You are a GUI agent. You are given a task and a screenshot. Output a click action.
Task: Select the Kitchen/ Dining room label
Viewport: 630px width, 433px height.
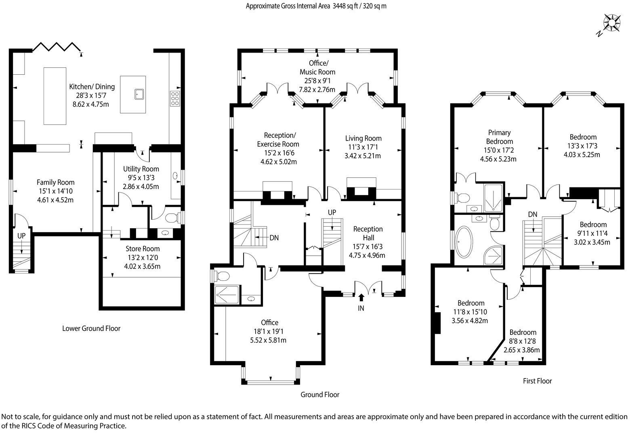(x=92, y=86)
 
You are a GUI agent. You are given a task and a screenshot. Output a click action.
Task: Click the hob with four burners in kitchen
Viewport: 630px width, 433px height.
(x=175, y=99)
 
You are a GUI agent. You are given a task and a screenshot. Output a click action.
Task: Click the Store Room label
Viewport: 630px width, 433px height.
(x=143, y=249)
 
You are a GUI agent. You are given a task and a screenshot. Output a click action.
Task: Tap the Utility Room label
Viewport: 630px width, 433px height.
(x=141, y=169)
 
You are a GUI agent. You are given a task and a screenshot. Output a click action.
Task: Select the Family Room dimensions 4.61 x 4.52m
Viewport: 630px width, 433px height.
(x=56, y=200)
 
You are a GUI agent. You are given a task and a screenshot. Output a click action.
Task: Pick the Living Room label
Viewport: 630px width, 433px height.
(x=363, y=138)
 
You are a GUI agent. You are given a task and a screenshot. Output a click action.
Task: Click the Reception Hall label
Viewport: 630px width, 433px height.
(x=367, y=233)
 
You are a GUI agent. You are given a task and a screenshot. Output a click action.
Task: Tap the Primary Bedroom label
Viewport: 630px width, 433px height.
(x=499, y=137)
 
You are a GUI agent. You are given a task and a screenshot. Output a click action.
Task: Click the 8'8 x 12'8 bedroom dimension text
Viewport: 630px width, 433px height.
(x=522, y=341)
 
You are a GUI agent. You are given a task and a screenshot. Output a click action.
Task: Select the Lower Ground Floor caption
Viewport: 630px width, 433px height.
(x=91, y=328)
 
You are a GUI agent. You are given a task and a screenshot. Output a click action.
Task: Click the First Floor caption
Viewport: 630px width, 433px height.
(x=537, y=381)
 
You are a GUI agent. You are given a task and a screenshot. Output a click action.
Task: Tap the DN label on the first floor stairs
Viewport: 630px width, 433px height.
(x=533, y=214)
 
